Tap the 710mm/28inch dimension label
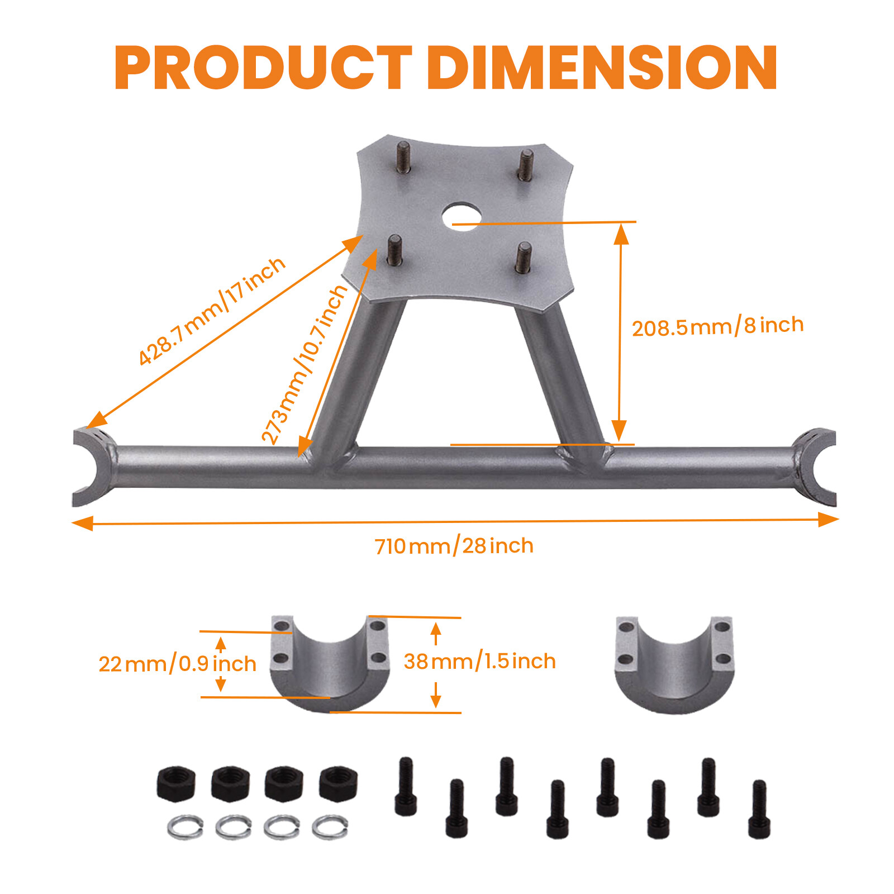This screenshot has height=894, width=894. (454, 546)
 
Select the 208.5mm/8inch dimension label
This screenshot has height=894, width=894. (717, 326)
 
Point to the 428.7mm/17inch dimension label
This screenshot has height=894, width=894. (212, 311)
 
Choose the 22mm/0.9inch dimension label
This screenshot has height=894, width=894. (177, 664)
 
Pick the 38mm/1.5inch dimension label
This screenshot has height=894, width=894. (479, 662)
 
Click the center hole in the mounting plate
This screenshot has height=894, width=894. (462, 216)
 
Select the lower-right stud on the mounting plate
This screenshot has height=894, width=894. (524, 257)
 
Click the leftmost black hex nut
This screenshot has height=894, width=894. (176, 783)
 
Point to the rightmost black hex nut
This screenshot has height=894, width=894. (338, 783)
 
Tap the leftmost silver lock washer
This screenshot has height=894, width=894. (185, 827)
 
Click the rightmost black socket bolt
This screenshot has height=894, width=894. (759, 809)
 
